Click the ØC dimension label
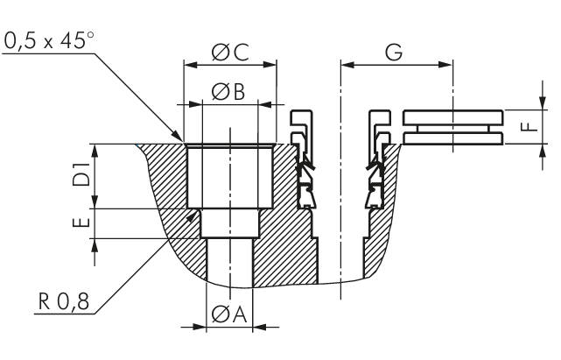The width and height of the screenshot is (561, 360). [229, 53]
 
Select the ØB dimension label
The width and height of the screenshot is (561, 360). [229, 90]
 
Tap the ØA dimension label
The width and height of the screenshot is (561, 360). [229, 313]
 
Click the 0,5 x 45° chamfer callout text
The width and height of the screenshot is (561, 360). [49, 41]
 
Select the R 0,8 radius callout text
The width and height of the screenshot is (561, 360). [63, 304]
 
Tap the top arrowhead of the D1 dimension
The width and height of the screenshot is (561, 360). [95, 148]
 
